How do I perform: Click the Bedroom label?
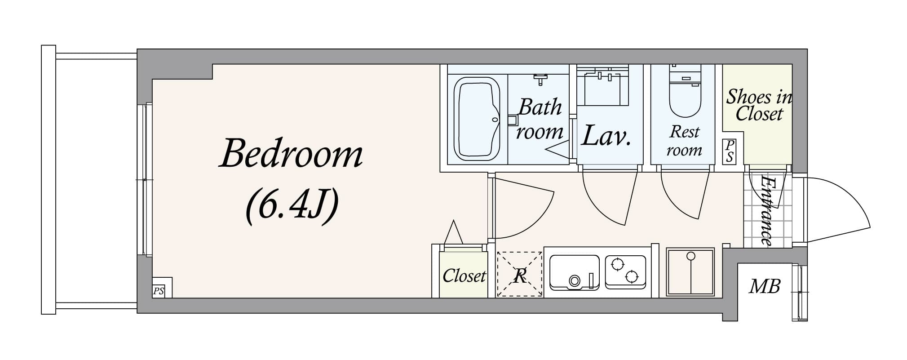(x=291, y=154)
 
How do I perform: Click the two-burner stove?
(x=625, y=271)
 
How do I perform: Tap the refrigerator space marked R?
(x=520, y=275)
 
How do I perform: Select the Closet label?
(x=464, y=276)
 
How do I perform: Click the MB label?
(x=765, y=286)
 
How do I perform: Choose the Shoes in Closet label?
(x=759, y=105)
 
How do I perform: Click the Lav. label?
(x=606, y=136)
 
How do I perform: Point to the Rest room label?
(x=684, y=141)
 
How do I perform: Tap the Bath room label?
(x=540, y=119)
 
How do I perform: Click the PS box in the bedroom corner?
(x=158, y=291)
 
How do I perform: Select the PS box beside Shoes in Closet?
(x=730, y=151)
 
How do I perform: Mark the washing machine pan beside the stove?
(x=690, y=272)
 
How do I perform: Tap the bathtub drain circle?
(x=495, y=120)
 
